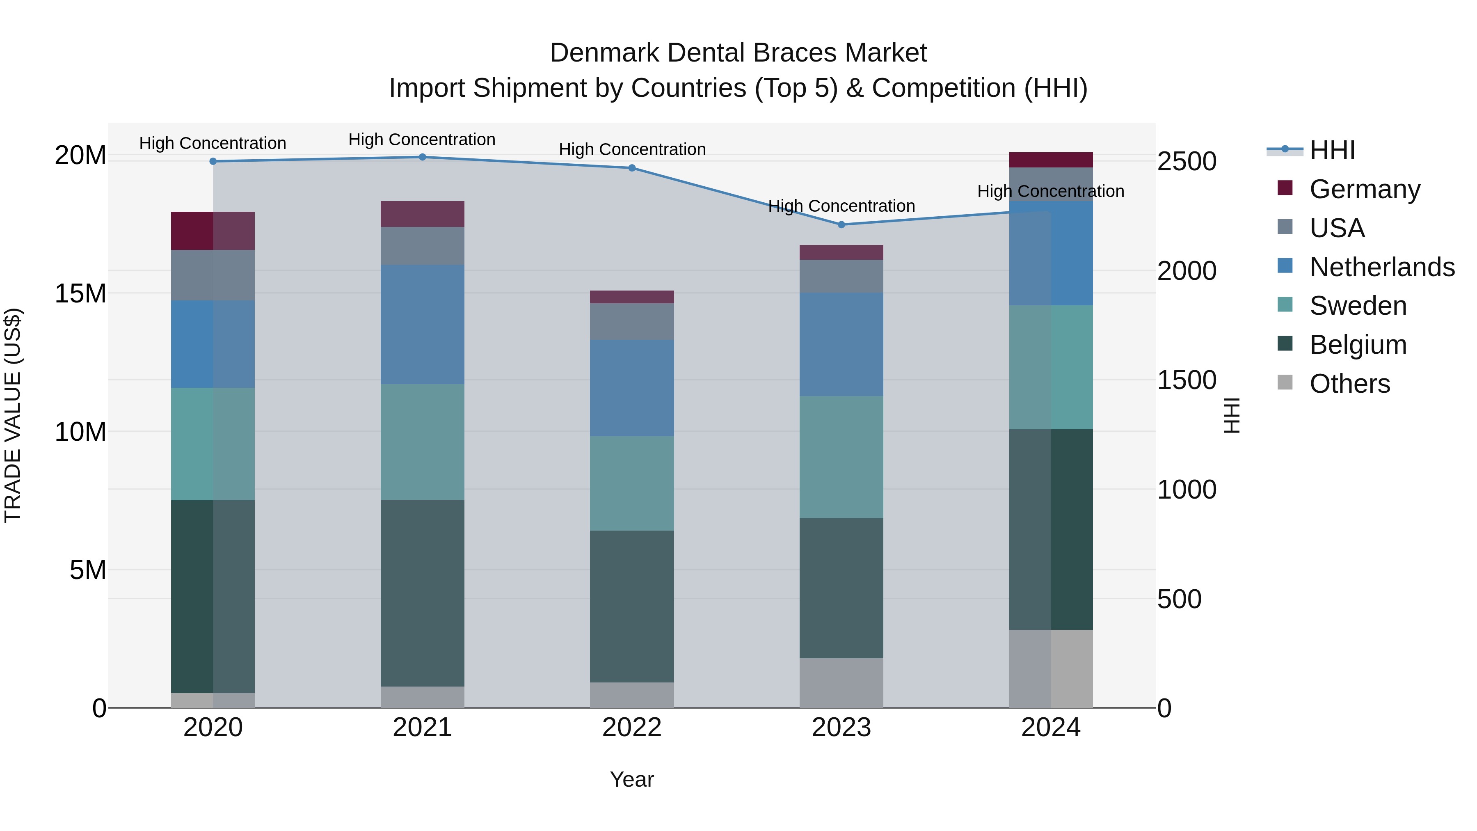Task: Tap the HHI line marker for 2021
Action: coord(422,157)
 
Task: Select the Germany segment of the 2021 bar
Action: coord(422,214)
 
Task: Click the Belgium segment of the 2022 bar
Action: coord(632,606)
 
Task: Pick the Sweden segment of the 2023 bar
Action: coord(841,457)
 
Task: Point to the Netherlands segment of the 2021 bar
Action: coord(422,324)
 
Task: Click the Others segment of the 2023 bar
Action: coord(841,682)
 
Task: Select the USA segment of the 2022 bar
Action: coord(632,321)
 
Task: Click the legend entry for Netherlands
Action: coord(1382,267)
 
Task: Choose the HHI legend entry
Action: coord(1332,150)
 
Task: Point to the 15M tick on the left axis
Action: coord(80,294)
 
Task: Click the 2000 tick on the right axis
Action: coord(1186,271)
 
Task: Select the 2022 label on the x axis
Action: coord(632,728)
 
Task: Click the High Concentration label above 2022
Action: coord(632,149)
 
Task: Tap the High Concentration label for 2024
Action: coord(1050,191)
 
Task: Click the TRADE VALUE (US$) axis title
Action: coord(13,415)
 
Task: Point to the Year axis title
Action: coord(632,779)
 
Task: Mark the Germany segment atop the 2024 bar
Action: coord(1050,160)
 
